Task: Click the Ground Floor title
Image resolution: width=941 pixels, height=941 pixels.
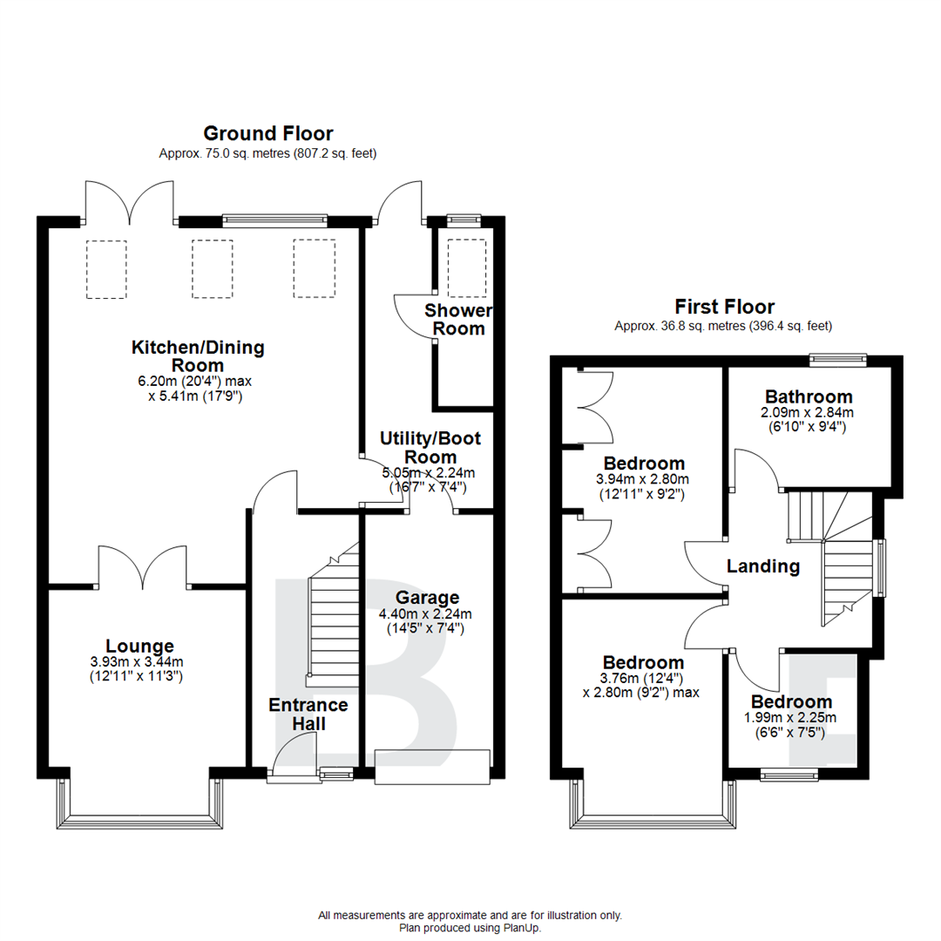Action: click(267, 133)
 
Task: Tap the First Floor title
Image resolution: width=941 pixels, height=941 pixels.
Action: click(724, 307)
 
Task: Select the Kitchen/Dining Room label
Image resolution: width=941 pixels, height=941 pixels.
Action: click(197, 356)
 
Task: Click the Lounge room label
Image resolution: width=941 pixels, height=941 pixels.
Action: click(139, 647)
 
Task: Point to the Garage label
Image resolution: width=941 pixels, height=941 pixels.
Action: click(427, 598)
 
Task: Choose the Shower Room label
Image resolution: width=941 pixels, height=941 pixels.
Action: click(458, 320)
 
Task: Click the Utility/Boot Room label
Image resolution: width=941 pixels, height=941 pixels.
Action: click(430, 448)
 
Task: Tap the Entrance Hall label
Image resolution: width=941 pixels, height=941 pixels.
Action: click(308, 714)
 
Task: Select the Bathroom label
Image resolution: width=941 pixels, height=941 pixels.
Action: click(809, 396)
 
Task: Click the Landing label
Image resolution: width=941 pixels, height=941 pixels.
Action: click(763, 566)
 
